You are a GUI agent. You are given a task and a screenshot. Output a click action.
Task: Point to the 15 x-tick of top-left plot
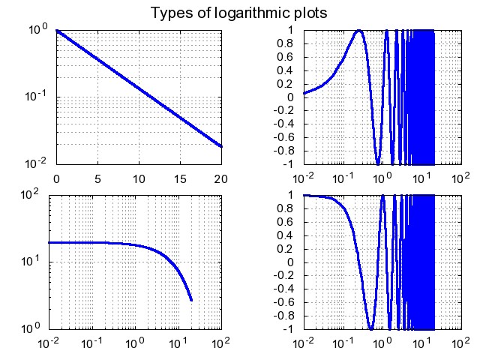click(x=180, y=180)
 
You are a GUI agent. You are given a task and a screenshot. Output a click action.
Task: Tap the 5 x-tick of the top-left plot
click(x=97, y=180)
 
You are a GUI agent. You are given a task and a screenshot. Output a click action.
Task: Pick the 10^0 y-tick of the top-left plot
click(x=37, y=30)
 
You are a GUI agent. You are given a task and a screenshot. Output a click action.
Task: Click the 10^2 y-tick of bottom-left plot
click(x=37, y=196)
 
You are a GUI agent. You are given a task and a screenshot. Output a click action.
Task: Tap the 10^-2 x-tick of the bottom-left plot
click(x=49, y=344)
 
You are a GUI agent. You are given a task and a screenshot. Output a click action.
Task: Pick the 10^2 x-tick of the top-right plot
click(x=457, y=179)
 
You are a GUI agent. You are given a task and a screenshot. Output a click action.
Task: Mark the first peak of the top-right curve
click(x=360, y=31)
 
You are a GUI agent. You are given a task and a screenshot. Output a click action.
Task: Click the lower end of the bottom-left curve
click(x=192, y=300)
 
